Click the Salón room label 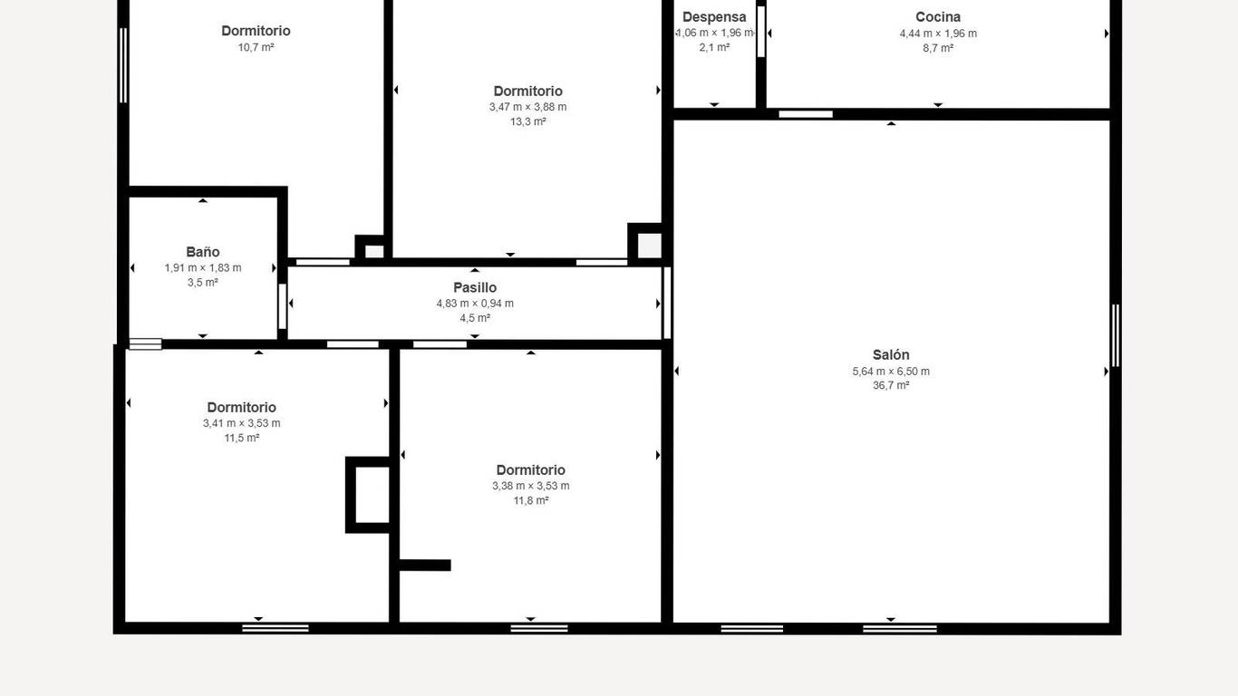click(x=890, y=355)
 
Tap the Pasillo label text click(x=475, y=287)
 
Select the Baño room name click(x=203, y=252)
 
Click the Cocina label click(x=938, y=17)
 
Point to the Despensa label click(x=714, y=17)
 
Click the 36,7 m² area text click(x=890, y=385)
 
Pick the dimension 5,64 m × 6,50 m click(x=890, y=372)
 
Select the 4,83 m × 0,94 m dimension click(x=475, y=304)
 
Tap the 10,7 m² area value click(x=256, y=47)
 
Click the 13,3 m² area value click(x=527, y=121)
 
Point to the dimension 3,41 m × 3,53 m click(x=241, y=423)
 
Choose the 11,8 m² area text click(x=530, y=501)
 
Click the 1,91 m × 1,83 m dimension click(x=203, y=268)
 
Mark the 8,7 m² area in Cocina click(x=938, y=48)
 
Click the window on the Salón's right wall click(x=1116, y=335)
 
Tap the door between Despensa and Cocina click(x=761, y=32)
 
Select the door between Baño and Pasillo click(x=283, y=307)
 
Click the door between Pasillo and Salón click(x=667, y=303)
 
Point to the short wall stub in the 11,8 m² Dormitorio click(x=424, y=565)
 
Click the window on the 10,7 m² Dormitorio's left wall click(x=123, y=65)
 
